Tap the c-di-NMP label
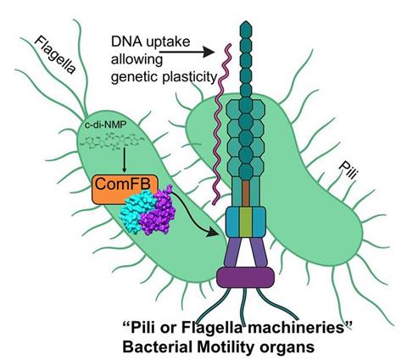(108, 127)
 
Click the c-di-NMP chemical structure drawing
(114, 145)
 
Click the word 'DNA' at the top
(131, 42)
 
